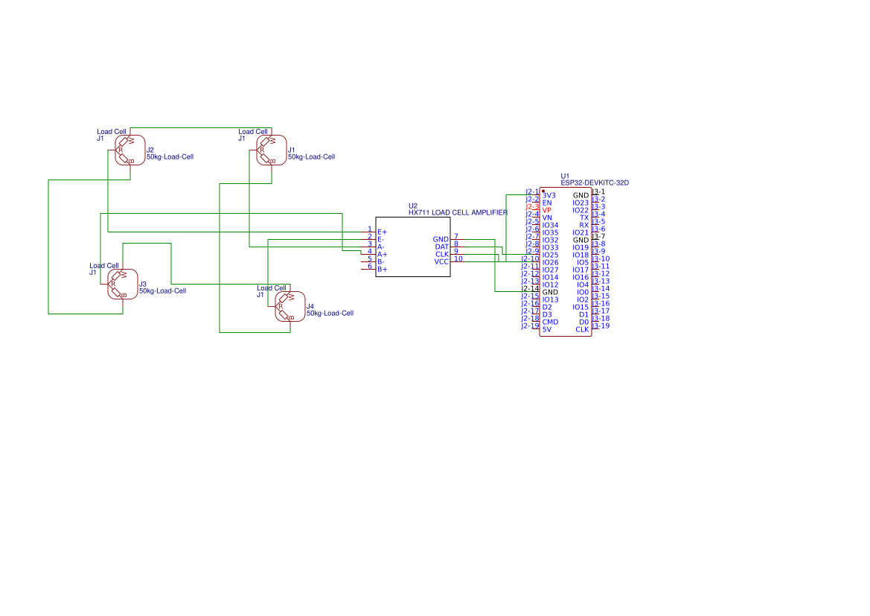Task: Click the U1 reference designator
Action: [565, 176]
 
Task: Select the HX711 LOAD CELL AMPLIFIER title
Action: [458, 212]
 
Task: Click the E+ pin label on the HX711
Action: [382, 232]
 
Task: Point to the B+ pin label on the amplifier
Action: [382, 269]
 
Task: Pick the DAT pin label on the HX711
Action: [441, 247]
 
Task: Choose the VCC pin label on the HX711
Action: [441, 261]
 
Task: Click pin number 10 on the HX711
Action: [458, 258]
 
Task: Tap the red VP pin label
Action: [547, 210]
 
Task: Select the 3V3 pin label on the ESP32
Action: [548, 195]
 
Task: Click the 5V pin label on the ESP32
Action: [547, 329]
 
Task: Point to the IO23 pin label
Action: [580, 203]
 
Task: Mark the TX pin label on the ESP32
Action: [584, 217]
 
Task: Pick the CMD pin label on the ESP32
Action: [550, 322]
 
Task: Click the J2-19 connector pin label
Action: [530, 326]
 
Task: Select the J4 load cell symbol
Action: [290, 306]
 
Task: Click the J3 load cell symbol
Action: [122, 284]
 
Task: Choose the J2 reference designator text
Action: [150, 150]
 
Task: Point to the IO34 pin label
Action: [550, 225]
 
